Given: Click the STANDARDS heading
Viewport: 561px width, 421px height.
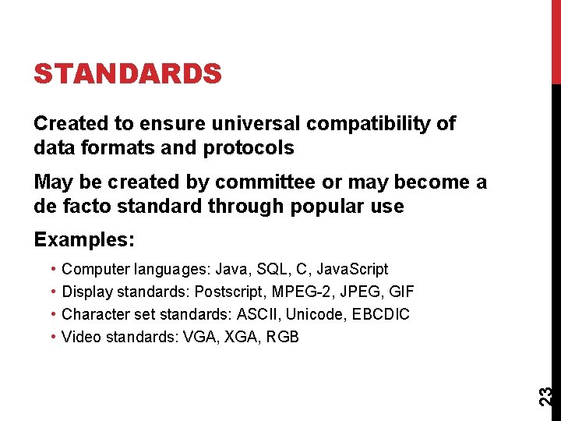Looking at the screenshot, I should [128, 74].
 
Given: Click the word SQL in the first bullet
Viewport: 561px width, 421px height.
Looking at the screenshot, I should [267, 269].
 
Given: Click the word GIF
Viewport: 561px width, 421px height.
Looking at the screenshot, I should [400, 292].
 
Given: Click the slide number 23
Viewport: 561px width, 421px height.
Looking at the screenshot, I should [547, 394].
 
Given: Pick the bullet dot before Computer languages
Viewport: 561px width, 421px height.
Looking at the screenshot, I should [51, 269].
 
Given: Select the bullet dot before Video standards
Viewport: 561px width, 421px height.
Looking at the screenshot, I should [51, 337].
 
